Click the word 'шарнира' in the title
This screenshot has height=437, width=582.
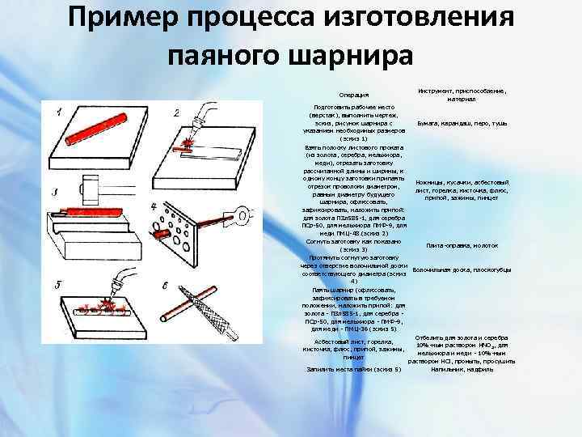[344, 54]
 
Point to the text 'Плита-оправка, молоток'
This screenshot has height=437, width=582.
[462, 246]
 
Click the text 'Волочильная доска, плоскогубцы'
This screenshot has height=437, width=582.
[461, 269]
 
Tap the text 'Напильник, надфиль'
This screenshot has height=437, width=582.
[462, 369]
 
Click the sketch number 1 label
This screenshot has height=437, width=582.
[59, 112]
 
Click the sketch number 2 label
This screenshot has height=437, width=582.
[177, 112]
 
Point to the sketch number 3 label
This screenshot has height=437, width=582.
[53, 193]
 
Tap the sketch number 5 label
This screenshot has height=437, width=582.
[57, 285]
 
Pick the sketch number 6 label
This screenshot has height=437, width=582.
[166, 286]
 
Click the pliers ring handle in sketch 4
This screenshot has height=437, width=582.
[240, 214]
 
